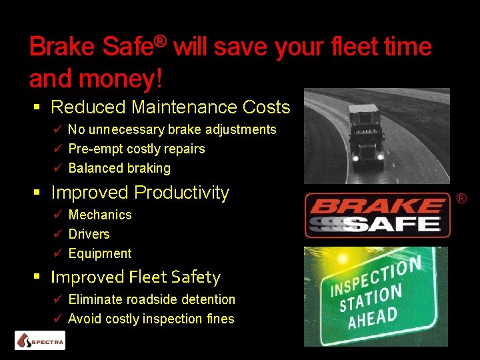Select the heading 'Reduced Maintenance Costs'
170,107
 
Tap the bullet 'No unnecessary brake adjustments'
172,129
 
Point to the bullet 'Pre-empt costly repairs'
137,149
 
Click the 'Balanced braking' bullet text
119,168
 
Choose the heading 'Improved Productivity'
140,193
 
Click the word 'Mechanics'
100,215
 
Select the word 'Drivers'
89,234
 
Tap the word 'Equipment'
100,253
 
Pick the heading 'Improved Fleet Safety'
135,277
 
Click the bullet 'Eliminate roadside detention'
151,299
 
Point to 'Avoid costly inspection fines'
151,319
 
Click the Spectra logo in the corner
40,341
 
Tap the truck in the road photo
365,133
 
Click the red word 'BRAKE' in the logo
377,205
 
